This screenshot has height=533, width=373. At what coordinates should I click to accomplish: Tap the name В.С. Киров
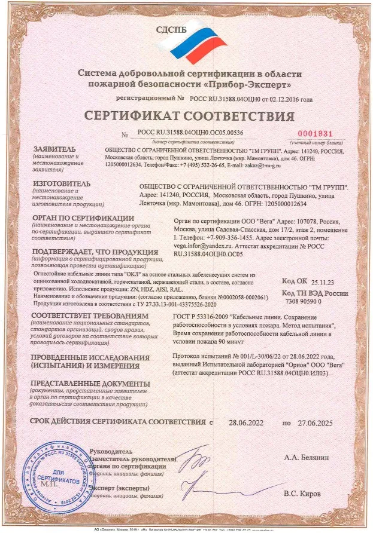tap(302, 494)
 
